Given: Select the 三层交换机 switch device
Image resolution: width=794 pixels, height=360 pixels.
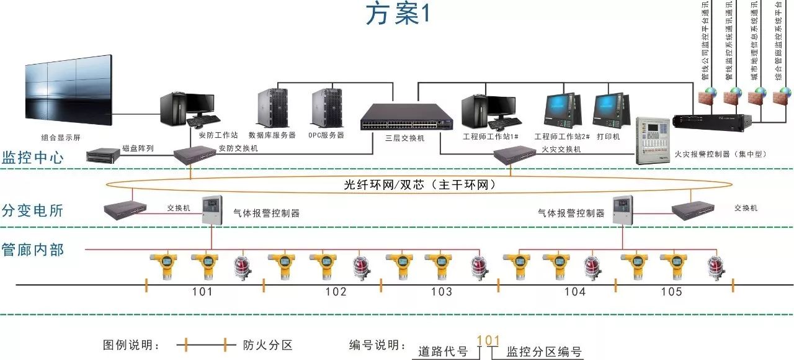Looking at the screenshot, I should coord(406,117).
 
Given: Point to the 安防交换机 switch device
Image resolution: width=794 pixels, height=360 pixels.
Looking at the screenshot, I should coord(194,155).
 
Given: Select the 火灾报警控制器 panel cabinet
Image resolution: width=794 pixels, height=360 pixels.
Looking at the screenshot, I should coord(653,140).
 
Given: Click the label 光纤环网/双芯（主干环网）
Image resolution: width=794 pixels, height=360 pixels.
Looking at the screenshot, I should coord(420,185).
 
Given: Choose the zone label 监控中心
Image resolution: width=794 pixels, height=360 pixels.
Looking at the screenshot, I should coord(33,157).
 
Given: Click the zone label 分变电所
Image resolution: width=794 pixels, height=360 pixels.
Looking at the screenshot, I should coord(33,210).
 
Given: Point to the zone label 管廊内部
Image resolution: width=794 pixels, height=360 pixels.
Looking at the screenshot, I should coord(33,250).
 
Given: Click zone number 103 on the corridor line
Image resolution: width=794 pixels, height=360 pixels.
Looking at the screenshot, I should coord(441,292).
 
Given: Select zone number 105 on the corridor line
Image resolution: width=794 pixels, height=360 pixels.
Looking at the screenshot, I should coord(671,292).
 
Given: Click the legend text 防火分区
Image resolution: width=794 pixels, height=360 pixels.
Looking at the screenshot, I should coord(267,345).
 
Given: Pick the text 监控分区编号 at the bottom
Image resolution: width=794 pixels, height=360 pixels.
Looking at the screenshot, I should coord(544,352).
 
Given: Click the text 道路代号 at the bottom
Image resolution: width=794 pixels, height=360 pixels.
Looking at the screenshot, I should coord(443,352).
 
